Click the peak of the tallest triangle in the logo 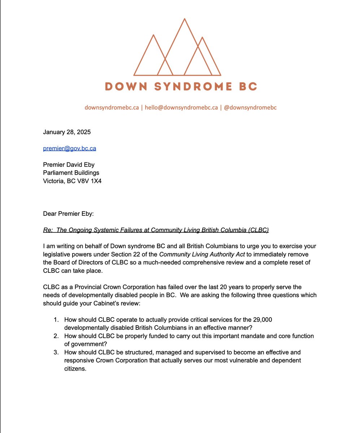coord(185,19)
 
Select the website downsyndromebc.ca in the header coord(112,108)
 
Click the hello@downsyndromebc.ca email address coord(181,108)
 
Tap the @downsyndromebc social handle coord(250,108)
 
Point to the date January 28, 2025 coord(67,132)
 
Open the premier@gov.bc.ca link coord(69,148)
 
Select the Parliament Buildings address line coord(71,173)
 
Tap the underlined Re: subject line coord(156,230)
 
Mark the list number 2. coord(56,336)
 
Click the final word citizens coord(75,369)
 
